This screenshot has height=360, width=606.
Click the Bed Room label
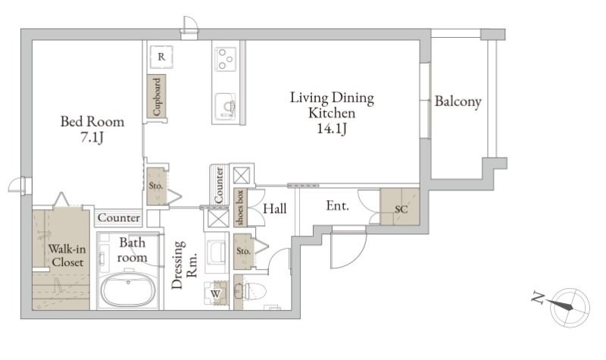click(92, 121)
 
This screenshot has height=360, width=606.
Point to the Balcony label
click(458, 102)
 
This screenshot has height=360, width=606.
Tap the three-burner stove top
click(225, 57)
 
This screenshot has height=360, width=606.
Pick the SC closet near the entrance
click(401, 208)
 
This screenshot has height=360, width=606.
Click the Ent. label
click(337, 205)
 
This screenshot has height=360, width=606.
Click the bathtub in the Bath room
click(129, 289)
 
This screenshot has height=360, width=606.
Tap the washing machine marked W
click(216, 292)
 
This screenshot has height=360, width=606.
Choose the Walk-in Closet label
click(67, 255)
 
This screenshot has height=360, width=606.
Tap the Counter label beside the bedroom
click(119, 218)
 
